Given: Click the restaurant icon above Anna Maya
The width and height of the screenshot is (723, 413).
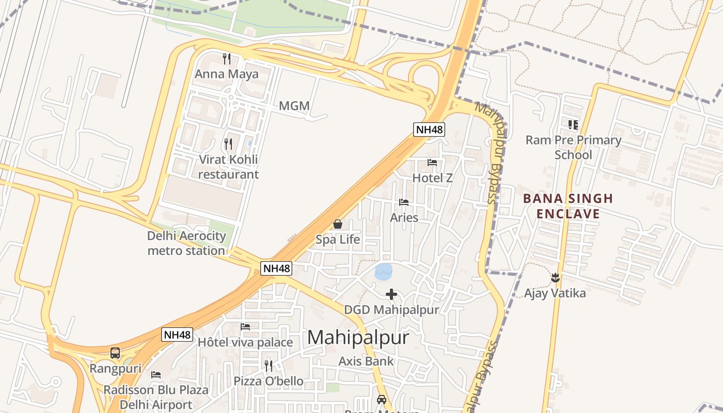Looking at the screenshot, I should pyautogui.click(x=226, y=58).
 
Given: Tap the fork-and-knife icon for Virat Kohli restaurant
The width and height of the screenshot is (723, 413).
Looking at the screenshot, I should pyautogui.click(x=228, y=144).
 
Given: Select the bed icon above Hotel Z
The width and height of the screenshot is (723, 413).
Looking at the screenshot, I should pyautogui.click(x=432, y=163).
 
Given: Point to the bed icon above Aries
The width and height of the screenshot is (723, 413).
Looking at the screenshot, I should pyautogui.click(x=404, y=202).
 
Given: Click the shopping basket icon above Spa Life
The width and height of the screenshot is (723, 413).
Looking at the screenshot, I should pyautogui.click(x=338, y=224).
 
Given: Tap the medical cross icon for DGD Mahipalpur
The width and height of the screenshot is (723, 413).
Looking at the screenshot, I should pyautogui.click(x=391, y=294).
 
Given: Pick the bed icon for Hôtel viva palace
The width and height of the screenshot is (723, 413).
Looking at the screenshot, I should pyautogui.click(x=245, y=327).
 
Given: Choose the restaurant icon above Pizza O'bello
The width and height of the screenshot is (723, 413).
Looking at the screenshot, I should pyautogui.click(x=269, y=366).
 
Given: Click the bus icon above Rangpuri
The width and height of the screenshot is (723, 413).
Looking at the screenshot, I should pyautogui.click(x=115, y=353).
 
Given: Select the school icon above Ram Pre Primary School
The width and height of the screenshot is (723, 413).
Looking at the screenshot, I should pyautogui.click(x=573, y=124).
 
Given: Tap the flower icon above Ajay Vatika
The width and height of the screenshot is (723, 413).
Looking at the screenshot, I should pyautogui.click(x=555, y=278).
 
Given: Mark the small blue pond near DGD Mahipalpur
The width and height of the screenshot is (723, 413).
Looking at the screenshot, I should pyautogui.click(x=383, y=272).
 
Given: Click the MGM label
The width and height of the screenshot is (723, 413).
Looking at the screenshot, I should pyautogui.click(x=294, y=106).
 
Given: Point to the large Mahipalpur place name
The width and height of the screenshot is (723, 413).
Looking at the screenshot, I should pyautogui.click(x=358, y=338).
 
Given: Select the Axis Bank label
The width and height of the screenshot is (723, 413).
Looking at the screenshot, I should pyautogui.click(x=366, y=361).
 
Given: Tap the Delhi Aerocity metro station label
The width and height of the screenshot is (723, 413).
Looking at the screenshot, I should pyautogui.click(x=186, y=244).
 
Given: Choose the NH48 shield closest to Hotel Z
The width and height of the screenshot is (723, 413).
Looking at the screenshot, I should pyautogui.click(x=429, y=129).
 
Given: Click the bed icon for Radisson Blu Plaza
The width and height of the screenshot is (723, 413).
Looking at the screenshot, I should pyautogui.click(x=156, y=374).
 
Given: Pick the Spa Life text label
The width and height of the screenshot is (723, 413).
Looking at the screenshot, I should pyautogui.click(x=338, y=240).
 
